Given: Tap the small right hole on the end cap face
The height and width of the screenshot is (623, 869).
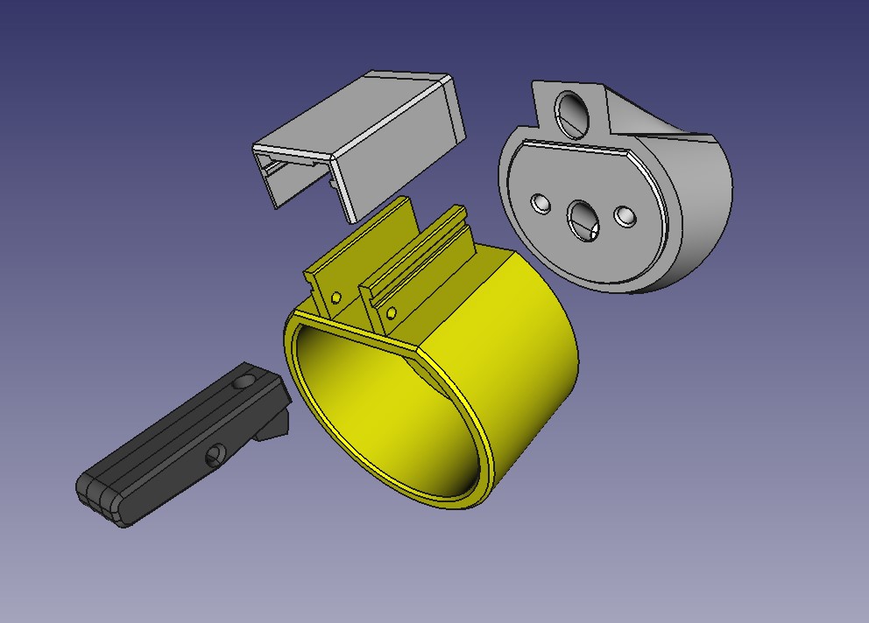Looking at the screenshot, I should click(625, 214).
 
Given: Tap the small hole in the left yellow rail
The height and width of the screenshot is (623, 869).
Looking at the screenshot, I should click(336, 297).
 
